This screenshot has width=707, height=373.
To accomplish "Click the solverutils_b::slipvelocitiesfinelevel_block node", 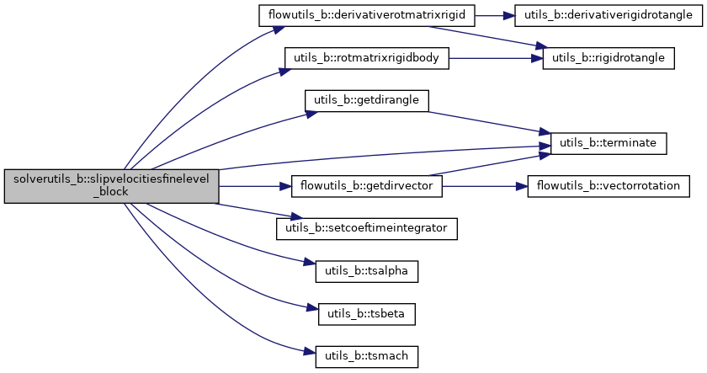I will (111, 185).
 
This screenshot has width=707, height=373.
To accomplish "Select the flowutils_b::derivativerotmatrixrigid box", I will (368, 16).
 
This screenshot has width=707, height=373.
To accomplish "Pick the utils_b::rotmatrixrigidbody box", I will (368, 58).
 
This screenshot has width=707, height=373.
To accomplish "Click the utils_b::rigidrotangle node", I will (609, 58).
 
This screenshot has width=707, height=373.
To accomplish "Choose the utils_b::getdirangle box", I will (367, 100).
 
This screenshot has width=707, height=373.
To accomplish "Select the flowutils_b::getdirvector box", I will (367, 185).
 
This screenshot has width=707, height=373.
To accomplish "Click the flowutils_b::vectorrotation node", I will (609, 185).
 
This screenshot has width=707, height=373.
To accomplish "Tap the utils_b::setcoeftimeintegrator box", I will (367, 228).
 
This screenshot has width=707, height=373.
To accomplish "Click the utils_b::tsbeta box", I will (367, 313).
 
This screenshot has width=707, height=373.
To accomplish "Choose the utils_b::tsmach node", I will (367, 355).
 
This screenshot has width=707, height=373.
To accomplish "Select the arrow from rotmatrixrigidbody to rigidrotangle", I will (497, 58).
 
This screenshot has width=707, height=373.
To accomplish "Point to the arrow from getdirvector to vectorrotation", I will (485, 185).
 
